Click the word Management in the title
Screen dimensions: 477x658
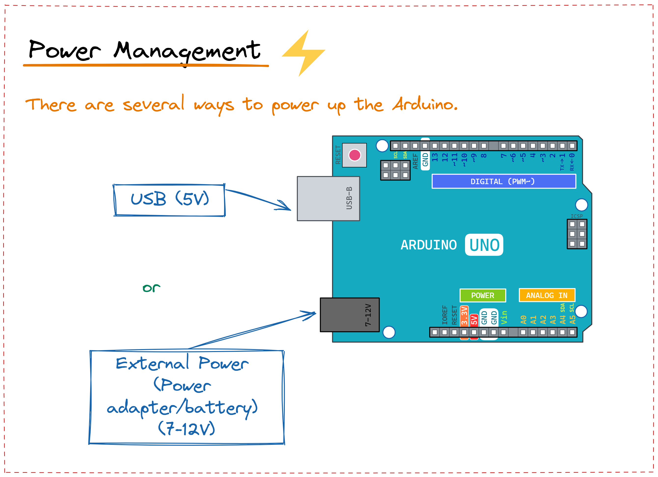pyautogui.click(x=187, y=51)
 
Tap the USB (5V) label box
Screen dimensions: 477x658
pyautogui.click(x=169, y=200)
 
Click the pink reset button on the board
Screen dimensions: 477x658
pyautogui.click(x=355, y=155)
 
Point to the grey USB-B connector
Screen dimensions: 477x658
pyautogui.click(x=328, y=198)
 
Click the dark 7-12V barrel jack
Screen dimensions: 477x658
pyautogui.click(x=349, y=315)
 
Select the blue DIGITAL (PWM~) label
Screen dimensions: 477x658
pyautogui.click(x=503, y=181)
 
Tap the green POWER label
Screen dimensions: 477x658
pyautogui.click(x=482, y=295)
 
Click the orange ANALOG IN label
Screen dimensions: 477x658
pyautogui.click(x=547, y=295)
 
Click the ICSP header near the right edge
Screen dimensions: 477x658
pyautogui.click(x=577, y=234)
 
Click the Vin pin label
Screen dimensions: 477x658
pyautogui.click(x=504, y=317)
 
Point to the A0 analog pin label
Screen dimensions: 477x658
pyautogui.click(x=523, y=319)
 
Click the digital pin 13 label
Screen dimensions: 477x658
pyautogui.click(x=435, y=157)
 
